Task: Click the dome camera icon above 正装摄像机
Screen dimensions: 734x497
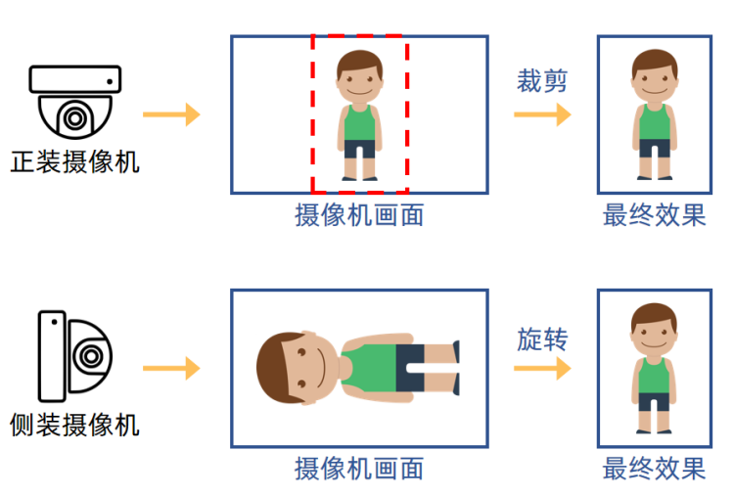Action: click(74, 102)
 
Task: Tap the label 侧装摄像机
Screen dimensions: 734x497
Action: click(74, 424)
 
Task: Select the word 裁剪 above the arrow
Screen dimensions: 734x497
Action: click(542, 80)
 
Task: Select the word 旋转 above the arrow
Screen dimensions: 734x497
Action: click(542, 340)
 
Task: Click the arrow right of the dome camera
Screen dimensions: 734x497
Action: click(171, 114)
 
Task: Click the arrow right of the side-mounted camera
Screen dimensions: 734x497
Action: click(171, 369)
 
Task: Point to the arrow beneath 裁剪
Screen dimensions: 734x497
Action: click(542, 114)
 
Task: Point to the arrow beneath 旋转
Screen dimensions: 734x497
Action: click(542, 369)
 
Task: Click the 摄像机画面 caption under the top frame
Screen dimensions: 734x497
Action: click(359, 214)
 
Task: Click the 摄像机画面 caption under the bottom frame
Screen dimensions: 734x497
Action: click(359, 468)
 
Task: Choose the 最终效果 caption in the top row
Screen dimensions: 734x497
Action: click(654, 214)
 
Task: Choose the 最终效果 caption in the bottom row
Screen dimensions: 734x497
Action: click(654, 468)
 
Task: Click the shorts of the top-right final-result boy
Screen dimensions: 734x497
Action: click(654, 150)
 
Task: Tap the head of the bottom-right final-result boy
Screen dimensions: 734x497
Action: click(654, 333)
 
